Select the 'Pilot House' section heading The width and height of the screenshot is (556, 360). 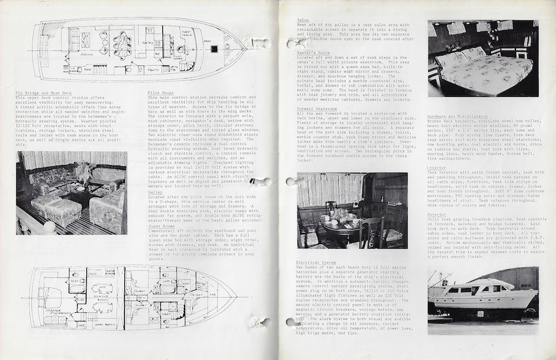pos(161,92)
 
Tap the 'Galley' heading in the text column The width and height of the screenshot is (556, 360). pos(156,192)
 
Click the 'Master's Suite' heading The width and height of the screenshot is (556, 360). pos(313,52)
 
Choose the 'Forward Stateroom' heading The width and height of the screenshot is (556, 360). pos(318,108)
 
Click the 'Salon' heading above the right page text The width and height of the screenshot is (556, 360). pos(303,21)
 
